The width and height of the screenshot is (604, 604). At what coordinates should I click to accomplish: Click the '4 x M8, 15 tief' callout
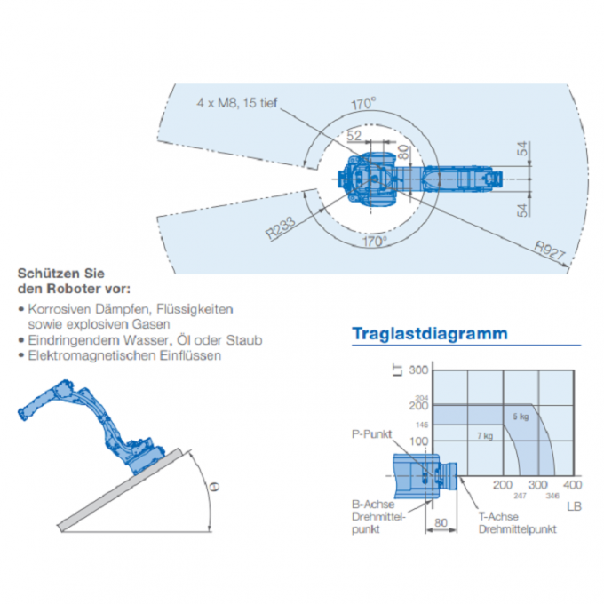236,102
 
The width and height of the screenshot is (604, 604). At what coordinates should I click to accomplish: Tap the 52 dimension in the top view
354,135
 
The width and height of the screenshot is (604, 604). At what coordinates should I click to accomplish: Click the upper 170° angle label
362,104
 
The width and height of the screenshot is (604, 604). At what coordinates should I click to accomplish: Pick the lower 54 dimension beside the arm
523,210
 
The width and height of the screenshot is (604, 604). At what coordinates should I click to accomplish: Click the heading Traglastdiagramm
430,334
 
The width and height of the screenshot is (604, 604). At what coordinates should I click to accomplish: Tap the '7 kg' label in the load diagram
484,436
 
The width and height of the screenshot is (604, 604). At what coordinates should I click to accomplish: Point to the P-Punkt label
371,435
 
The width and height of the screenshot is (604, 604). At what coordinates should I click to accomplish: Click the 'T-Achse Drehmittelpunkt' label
517,522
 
